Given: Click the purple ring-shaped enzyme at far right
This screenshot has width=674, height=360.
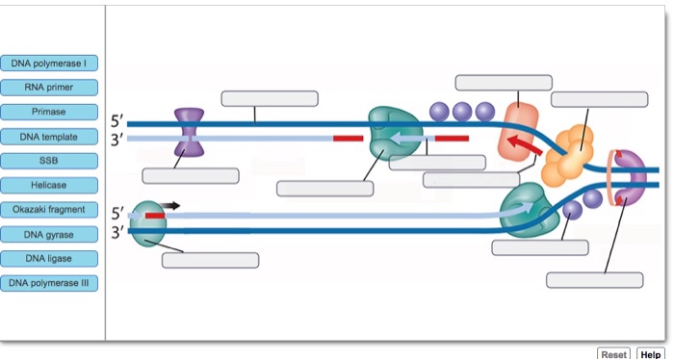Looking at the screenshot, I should (631, 178).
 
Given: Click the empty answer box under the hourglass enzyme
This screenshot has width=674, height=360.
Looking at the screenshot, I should (191, 175).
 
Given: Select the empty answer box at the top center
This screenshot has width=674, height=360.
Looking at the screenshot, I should (270, 98).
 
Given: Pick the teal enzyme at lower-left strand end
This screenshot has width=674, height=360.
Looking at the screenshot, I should (148, 223).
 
